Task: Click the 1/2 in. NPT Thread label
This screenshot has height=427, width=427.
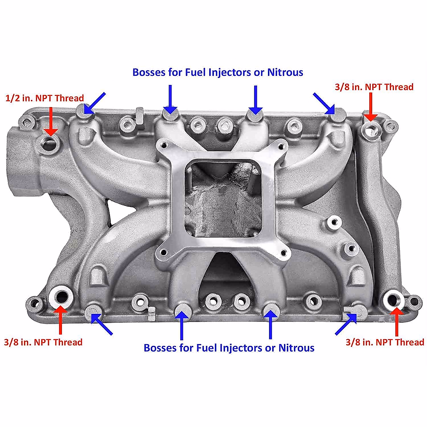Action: [45, 98]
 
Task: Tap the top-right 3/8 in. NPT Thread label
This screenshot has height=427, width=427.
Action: [374, 87]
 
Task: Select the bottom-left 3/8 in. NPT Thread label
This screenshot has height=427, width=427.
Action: [43, 342]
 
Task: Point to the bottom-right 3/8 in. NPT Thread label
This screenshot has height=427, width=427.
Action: [385, 342]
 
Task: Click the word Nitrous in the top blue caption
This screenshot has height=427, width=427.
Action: [285, 72]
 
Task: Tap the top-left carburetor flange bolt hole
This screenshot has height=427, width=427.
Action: [164, 145]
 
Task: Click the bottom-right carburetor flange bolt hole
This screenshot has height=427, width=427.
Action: [284, 253]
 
